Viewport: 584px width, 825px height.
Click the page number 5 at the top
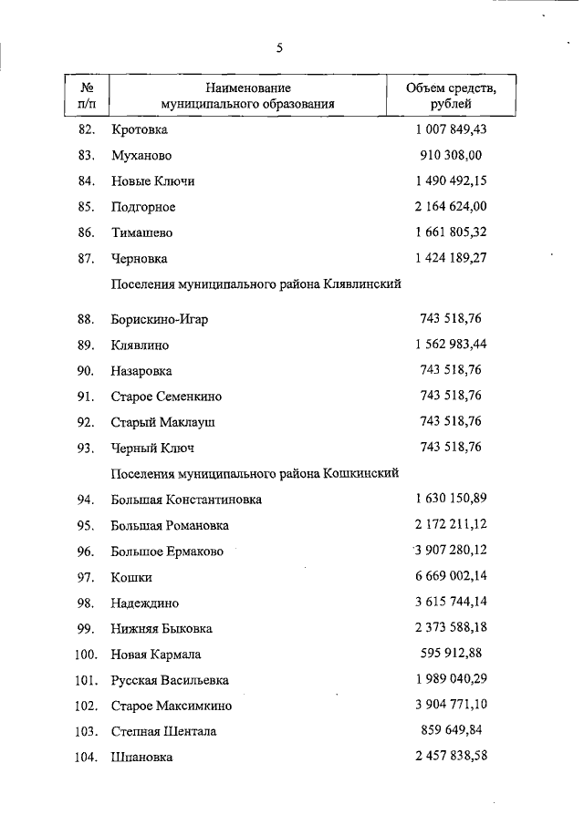point(280,48)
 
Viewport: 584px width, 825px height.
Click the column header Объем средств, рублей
point(451,96)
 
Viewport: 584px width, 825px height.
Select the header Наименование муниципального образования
point(247,96)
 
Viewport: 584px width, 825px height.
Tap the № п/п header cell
point(89,96)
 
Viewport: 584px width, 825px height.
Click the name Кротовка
point(140,129)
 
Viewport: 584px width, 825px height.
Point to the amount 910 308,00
point(451,155)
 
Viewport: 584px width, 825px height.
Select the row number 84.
point(87,180)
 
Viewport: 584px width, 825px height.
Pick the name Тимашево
point(142,232)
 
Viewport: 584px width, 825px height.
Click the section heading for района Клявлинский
point(256,284)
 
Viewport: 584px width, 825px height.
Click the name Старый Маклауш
point(163,422)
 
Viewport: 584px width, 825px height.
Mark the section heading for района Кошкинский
point(255,473)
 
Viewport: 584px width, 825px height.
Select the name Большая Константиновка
point(186,500)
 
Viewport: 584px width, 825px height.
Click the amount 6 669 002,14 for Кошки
point(451,576)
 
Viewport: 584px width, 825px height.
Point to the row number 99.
point(87,628)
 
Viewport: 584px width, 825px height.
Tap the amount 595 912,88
point(451,653)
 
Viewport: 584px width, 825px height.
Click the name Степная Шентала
point(164,731)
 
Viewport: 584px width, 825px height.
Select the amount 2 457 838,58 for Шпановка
point(451,757)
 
